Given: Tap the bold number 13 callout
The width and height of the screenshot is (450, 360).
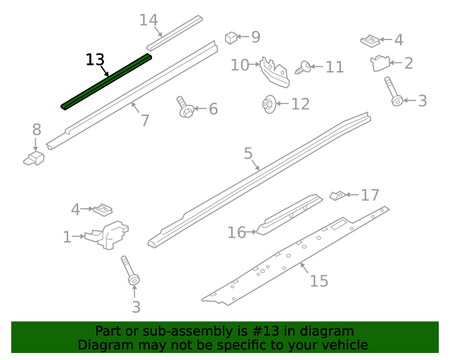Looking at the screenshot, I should click(95, 60).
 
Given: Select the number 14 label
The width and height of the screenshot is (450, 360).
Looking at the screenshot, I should click(148, 20).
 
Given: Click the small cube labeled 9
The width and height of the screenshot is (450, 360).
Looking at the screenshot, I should click(230, 37).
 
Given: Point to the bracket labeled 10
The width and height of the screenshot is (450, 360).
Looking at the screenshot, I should click(275, 72).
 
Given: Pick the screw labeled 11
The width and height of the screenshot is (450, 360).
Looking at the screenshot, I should click(303, 67).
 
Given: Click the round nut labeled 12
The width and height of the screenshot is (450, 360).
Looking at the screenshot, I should click(268, 104).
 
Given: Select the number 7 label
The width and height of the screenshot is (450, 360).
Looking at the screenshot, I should click(145, 120).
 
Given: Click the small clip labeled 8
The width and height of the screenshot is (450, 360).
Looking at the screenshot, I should click(33, 158).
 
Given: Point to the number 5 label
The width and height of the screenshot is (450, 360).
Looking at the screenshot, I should click(248, 154).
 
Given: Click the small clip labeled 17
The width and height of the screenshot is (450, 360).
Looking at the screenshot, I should click(337, 195).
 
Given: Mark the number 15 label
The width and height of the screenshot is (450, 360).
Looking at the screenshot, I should click(319, 281).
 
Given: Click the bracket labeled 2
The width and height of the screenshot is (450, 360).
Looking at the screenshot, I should click(380, 63).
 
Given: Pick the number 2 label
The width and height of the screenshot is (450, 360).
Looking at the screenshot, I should click(409, 63).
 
